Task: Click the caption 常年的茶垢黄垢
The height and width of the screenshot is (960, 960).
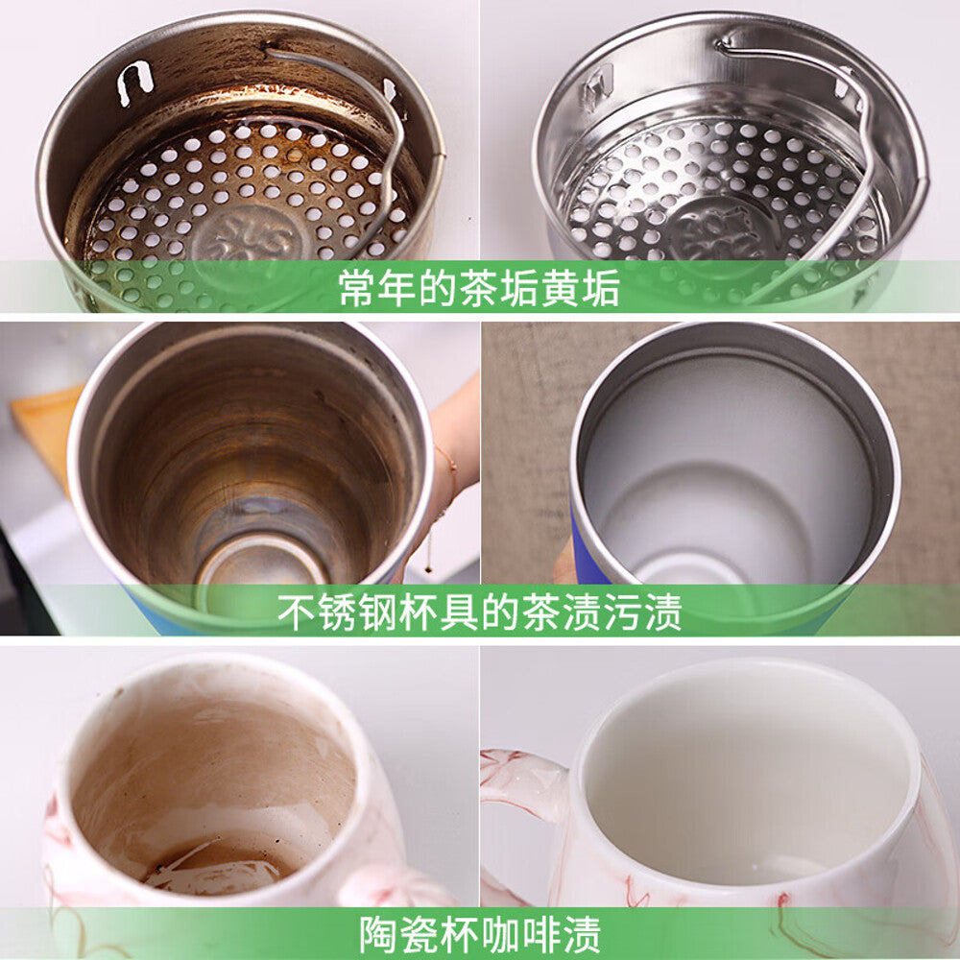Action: coord(479,287)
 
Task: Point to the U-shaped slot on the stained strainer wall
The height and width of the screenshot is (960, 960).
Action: coord(133,81)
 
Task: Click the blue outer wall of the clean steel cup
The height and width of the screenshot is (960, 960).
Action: coord(587,557)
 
